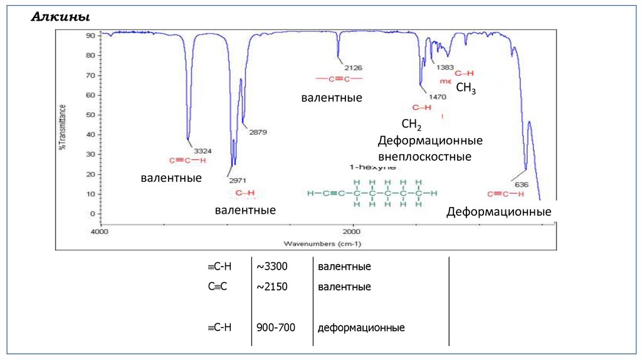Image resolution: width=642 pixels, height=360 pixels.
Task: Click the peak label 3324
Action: pyautogui.click(x=203, y=151)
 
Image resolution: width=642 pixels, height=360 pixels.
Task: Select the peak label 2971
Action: pyautogui.click(x=237, y=180)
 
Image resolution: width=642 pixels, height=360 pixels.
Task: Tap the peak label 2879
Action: pyautogui.click(x=258, y=132)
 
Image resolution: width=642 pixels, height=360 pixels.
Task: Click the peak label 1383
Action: pyautogui.click(x=445, y=67)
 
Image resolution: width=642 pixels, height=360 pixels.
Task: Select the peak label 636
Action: pyautogui.click(x=521, y=184)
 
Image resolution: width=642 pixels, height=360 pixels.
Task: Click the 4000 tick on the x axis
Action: pyautogui.click(x=100, y=232)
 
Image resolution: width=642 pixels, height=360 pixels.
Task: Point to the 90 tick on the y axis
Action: pyautogui.click(x=90, y=36)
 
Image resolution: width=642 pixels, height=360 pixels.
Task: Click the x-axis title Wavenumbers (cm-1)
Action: pyautogui.click(x=322, y=243)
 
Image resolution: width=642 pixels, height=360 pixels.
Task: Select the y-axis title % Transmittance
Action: pyautogui.click(x=62, y=126)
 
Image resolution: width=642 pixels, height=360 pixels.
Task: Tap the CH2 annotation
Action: pyautogui.click(x=411, y=124)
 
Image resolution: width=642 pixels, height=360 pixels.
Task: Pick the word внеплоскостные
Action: pyautogui.click(x=424, y=156)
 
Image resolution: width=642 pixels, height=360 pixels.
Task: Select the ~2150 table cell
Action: pyautogui.click(x=271, y=287)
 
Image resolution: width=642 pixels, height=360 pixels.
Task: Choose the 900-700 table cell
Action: pyautogui.click(x=276, y=327)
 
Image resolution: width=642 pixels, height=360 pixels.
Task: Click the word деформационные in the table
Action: pyautogui.click(x=360, y=327)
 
